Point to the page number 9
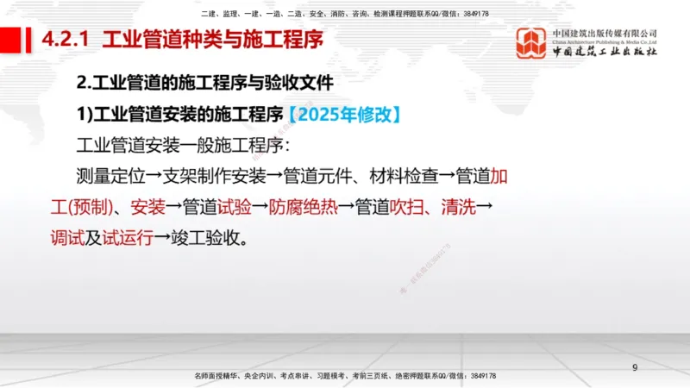coord(635,368)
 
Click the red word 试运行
coord(128,237)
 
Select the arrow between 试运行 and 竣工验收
coord(163,237)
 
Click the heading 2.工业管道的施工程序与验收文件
coord(204,84)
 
